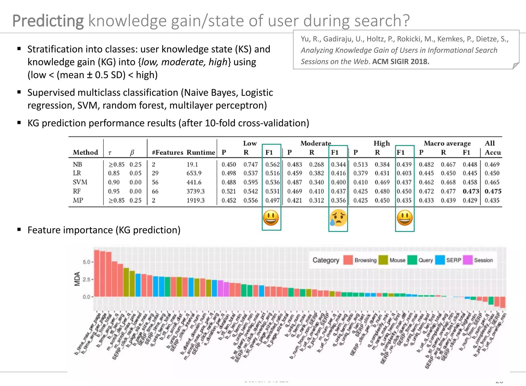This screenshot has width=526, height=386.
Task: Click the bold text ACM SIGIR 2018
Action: pyautogui.click(x=401, y=62)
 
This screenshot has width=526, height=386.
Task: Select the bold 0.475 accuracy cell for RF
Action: pyautogui.click(x=493, y=191)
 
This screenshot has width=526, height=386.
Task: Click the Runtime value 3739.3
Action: pyautogui.click(x=195, y=191)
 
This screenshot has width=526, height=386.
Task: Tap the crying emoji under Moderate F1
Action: pyautogui.click(x=338, y=218)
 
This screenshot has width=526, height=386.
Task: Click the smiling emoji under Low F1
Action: pyautogui.click(x=271, y=218)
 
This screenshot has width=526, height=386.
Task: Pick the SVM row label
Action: pyautogui.click(x=80, y=182)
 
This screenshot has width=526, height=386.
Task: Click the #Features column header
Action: pyautogui.click(x=167, y=152)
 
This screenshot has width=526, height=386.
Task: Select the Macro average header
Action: pyautogui.click(x=447, y=143)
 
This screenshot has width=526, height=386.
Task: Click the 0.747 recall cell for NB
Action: pyautogui.click(x=250, y=165)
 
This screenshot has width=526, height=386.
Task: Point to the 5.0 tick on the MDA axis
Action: pyautogui.click(x=87, y=262)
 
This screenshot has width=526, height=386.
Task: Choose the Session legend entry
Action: pyautogui.click(x=483, y=260)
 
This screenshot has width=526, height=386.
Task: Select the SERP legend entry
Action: pyautogui.click(x=454, y=260)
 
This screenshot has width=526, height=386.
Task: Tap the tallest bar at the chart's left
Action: pyautogui.click(x=97, y=273)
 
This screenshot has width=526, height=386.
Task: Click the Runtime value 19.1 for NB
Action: pyautogui.click(x=192, y=165)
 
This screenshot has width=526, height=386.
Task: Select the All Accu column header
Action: pyautogui.click(x=492, y=148)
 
